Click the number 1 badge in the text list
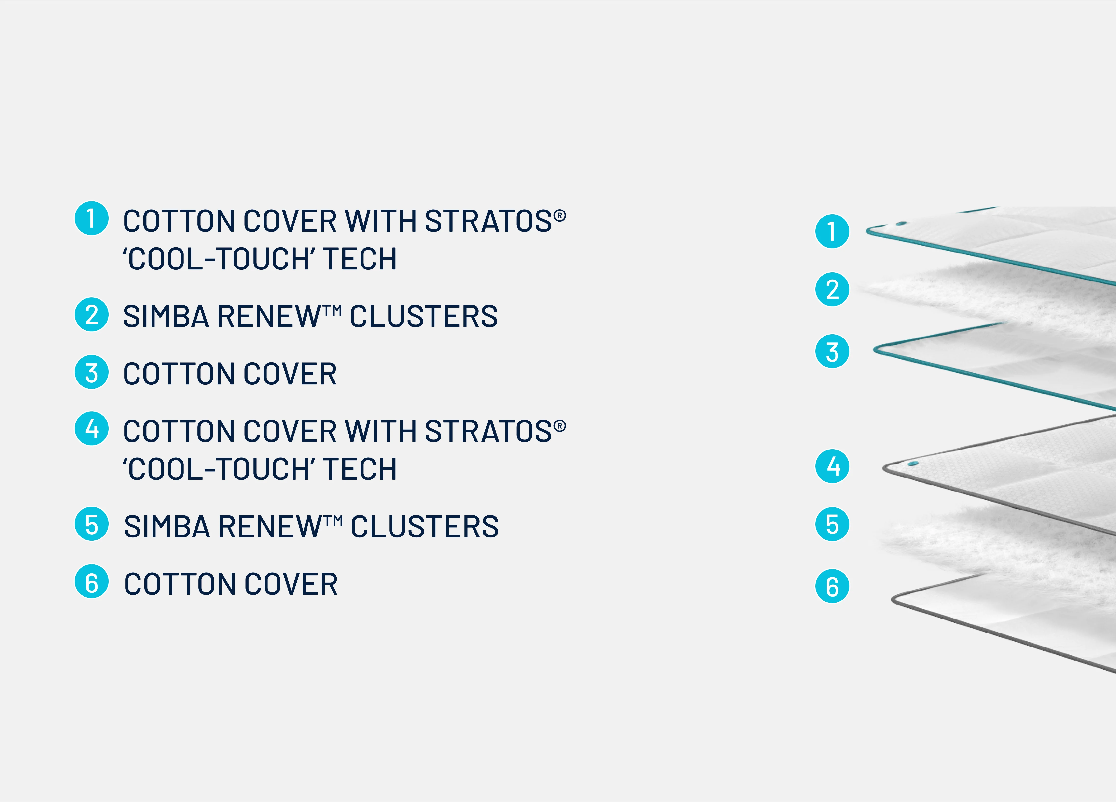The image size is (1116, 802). (x=92, y=218)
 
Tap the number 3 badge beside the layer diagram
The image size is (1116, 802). (x=832, y=351)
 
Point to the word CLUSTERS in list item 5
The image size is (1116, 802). (x=425, y=527)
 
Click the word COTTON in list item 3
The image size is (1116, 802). (x=180, y=374)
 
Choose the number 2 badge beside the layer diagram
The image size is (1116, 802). (x=832, y=289)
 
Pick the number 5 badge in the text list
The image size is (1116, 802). (x=92, y=524)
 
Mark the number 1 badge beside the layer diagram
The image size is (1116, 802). (x=832, y=231)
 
